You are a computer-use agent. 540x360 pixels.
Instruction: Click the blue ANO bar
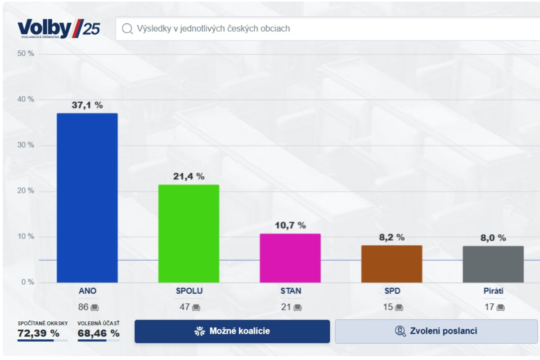tap(87, 198)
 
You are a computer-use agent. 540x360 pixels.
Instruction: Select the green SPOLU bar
tap(189, 234)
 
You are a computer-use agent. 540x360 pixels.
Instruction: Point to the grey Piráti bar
tap(493, 264)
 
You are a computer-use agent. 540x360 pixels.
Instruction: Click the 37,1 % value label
tap(87, 105)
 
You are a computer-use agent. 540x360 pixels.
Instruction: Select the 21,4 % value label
tap(189, 176)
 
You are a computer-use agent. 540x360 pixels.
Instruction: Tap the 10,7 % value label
tap(290, 225)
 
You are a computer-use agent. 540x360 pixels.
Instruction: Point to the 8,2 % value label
tap(391, 237)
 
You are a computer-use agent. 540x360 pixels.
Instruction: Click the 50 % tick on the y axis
tap(25, 54)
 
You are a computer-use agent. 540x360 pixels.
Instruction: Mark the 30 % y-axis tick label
tap(25, 145)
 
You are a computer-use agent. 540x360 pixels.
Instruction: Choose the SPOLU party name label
tap(189, 291)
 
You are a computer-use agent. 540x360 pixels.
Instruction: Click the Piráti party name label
tap(493, 291)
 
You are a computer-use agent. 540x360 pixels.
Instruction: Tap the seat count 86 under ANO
tap(83, 308)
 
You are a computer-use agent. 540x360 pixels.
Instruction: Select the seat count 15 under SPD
tap(388, 308)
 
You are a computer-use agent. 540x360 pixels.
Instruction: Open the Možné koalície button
tap(232, 332)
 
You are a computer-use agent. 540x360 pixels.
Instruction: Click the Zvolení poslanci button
tap(436, 332)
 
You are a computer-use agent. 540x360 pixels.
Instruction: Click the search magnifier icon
tap(128, 29)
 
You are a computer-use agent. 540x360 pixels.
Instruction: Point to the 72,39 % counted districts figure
tap(39, 333)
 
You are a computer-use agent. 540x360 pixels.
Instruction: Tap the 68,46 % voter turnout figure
tap(99, 333)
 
